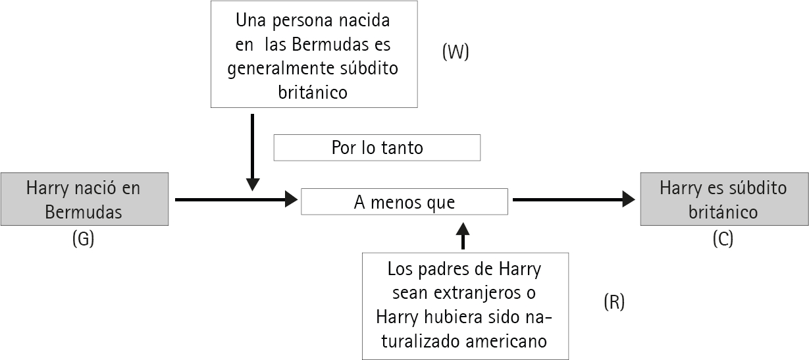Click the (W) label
pyautogui.click(x=456, y=53)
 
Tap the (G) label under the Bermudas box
pyautogui.click(x=83, y=240)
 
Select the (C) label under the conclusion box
pyautogui.click(x=722, y=240)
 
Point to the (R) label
pyautogui.click(x=613, y=302)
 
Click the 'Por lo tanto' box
pyautogui.click(x=377, y=147)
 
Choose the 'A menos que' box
pyautogui.click(x=404, y=201)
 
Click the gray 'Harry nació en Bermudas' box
pyautogui.click(x=84, y=199)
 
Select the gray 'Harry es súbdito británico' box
pyautogui.click(x=723, y=199)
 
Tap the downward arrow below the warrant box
pyautogui.click(x=252, y=152)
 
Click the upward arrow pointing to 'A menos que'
pyautogui.click(x=463, y=236)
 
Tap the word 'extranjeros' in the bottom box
pyautogui.click(x=479, y=292)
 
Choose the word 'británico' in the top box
pyautogui.click(x=313, y=92)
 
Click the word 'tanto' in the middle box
pyautogui.click(x=402, y=148)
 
